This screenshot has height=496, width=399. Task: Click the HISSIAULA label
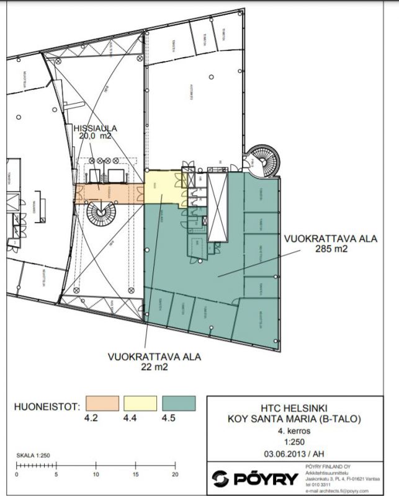[95, 128]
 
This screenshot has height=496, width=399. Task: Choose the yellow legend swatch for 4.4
[140, 404]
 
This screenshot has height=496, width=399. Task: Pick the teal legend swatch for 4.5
[179, 404]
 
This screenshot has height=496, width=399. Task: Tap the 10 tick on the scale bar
[96, 476]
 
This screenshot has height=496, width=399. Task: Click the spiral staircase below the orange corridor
[100, 215]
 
